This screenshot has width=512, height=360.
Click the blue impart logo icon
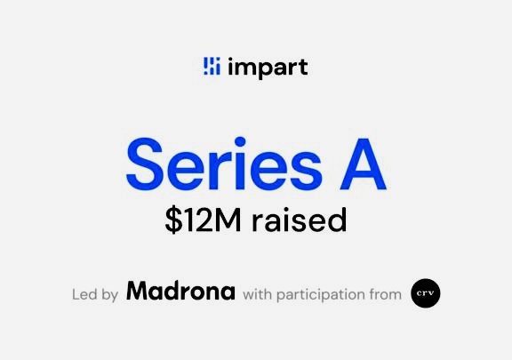pyautogui.click(x=212, y=66)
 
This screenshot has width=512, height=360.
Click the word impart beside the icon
pyautogui.click(x=268, y=68)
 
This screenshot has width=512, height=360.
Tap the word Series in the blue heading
pyautogui.click(x=224, y=164)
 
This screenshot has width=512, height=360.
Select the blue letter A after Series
pyautogui.click(x=363, y=164)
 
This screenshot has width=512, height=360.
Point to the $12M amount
pyautogui.click(x=204, y=220)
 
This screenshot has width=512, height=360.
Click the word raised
pyautogui.click(x=299, y=220)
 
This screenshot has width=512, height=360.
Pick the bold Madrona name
pyautogui.click(x=180, y=291)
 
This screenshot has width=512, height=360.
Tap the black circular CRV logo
pyautogui.click(x=426, y=293)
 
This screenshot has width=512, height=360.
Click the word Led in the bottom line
pyautogui.click(x=84, y=294)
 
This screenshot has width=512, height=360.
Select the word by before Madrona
pyautogui.click(x=110, y=295)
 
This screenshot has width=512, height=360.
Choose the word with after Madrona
pyautogui.click(x=257, y=294)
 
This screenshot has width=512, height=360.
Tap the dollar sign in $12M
pyautogui.click(x=173, y=220)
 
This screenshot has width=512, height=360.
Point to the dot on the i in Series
pyautogui.click(x=240, y=142)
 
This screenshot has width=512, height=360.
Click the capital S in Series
pyautogui.click(x=144, y=164)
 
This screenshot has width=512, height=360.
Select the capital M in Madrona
pyautogui.click(x=140, y=291)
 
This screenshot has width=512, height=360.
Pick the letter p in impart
pyautogui.click(x=265, y=70)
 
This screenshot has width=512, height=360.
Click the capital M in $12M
pyautogui.click(x=228, y=220)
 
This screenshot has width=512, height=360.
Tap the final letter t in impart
pyautogui.click(x=303, y=67)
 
